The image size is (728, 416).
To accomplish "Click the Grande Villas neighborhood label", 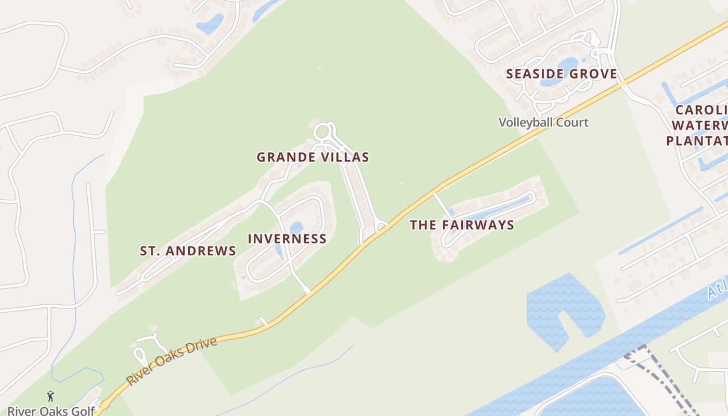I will (x=313, y=157).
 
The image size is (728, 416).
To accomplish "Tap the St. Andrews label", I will (x=188, y=251).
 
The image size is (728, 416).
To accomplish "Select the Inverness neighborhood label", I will (x=287, y=239).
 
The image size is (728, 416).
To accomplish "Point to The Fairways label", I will (x=462, y=225).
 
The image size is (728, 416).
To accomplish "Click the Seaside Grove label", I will (x=562, y=74).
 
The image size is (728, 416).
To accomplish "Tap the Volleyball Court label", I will (x=543, y=123).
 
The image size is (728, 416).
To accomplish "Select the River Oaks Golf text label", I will (x=51, y=411).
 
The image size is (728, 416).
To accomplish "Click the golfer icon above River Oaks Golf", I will (x=50, y=396).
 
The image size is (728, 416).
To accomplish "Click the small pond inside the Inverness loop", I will (x=296, y=228).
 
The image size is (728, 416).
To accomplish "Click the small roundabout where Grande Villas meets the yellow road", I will (x=382, y=226).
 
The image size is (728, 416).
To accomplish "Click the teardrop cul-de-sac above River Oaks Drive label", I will (x=140, y=356).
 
